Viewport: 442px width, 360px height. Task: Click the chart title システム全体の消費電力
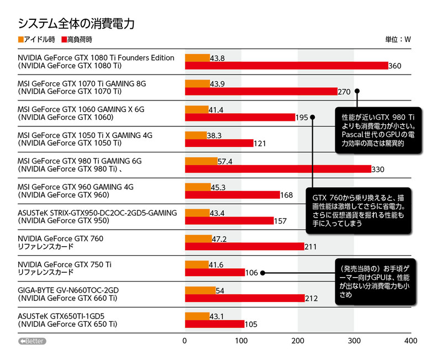coord(76,24)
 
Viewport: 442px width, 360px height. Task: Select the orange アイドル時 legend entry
coord(36,40)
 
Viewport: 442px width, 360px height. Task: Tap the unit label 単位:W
coord(398,40)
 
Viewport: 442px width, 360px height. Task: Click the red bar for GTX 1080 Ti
coord(286,66)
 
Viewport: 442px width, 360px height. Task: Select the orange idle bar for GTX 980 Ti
coord(201,161)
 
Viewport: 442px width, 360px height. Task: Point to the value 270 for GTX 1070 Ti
coord(344,92)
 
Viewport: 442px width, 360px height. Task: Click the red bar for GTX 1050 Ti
coord(218,143)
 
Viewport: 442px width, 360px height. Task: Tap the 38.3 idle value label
coord(214,135)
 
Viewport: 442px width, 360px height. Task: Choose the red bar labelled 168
coord(232,195)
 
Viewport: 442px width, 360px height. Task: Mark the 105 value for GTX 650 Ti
coord(251,324)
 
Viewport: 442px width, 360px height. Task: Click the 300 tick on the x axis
coord(354,341)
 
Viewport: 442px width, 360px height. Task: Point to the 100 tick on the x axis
coord(241,341)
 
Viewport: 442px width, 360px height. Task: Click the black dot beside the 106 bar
coord(263,272)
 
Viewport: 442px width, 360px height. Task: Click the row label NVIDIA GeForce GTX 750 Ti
coord(65,264)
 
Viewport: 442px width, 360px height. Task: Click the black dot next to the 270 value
coord(357,91)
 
